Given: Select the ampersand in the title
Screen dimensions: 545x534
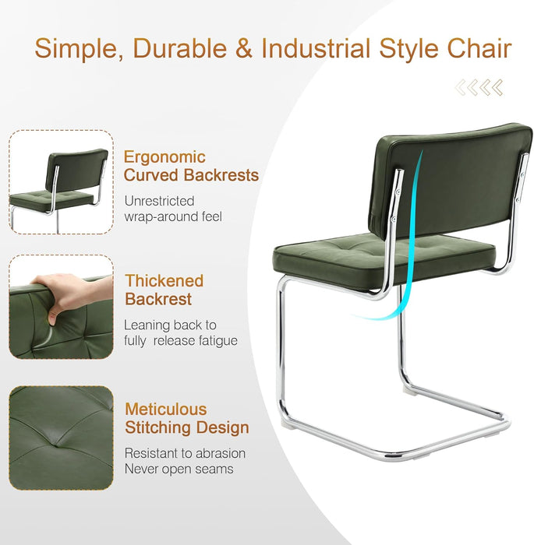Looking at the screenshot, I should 243,48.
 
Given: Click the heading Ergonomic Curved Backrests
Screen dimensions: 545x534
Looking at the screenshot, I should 190,166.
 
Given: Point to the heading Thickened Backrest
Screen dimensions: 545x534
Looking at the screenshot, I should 164,290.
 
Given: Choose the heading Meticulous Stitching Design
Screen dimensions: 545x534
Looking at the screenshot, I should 186,418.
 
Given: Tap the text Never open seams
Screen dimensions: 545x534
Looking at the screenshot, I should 179,469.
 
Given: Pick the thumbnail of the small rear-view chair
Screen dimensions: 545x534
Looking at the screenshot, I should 60,181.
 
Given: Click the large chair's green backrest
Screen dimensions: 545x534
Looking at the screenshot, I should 452,183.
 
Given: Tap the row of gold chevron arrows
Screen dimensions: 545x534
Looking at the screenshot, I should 479,88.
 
